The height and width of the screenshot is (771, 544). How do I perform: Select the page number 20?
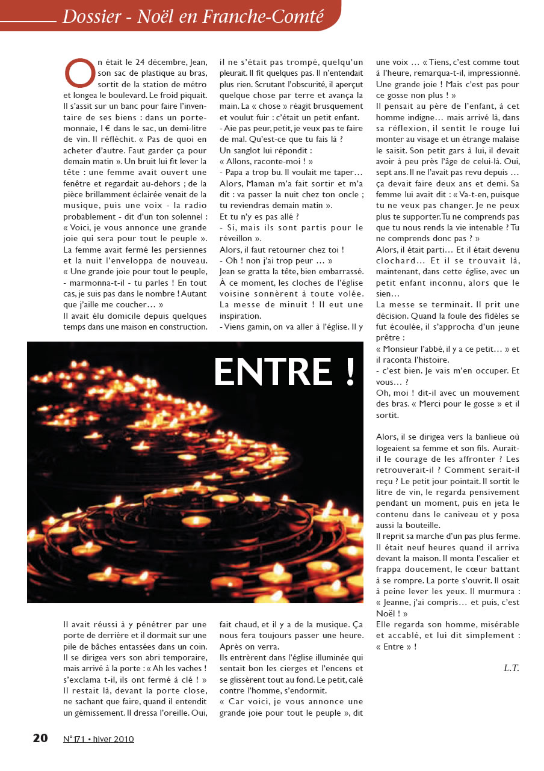40,739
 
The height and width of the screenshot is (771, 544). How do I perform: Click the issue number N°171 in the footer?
73,739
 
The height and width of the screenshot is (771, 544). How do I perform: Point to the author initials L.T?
512,668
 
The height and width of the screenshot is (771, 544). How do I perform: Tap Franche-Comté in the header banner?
274,16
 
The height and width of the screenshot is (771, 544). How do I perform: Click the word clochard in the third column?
397,260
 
